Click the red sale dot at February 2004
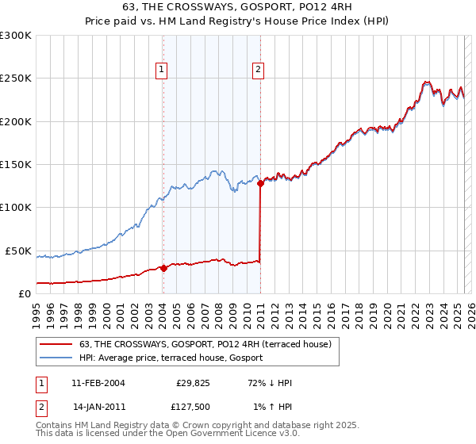pyautogui.click(x=163, y=268)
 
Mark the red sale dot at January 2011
pyautogui.click(x=260, y=184)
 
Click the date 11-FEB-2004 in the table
pyautogui.click(x=98, y=383)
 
